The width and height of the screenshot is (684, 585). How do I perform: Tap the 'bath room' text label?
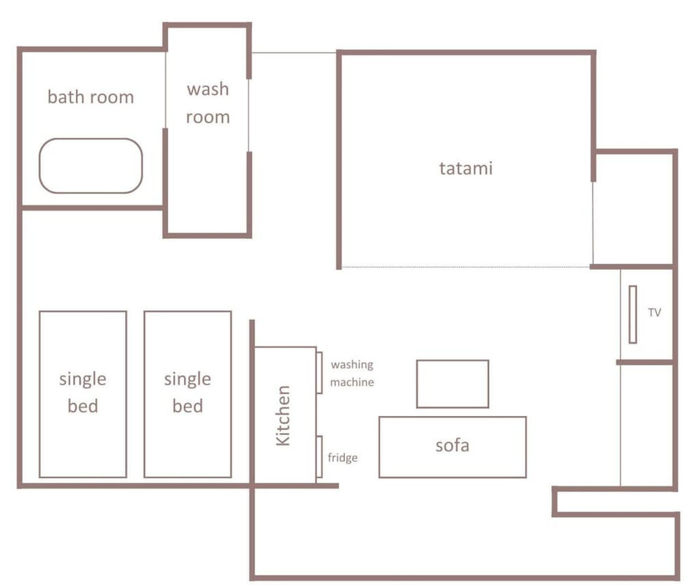click(x=91, y=97)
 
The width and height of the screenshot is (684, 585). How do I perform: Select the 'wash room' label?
click(x=208, y=103)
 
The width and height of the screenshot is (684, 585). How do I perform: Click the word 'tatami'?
click(x=466, y=168)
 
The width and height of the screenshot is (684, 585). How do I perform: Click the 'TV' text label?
click(x=654, y=312)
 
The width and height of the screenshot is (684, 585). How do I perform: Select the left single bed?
click(x=83, y=312)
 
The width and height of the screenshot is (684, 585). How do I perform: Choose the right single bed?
click(x=188, y=312)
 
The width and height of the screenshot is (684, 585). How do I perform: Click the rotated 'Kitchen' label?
click(x=283, y=415)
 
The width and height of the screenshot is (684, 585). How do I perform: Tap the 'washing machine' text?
click(x=352, y=373)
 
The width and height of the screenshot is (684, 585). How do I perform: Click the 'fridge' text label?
click(x=343, y=458)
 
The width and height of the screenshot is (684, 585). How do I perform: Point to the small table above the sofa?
click(x=452, y=361)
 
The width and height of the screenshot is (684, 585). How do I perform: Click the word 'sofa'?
click(x=452, y=445)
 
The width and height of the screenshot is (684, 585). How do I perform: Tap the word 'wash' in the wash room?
click(x=208, y=89)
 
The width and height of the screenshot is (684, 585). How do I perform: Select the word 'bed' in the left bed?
click(x=83, y=406)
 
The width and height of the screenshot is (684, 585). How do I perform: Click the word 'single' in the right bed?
click(x=188, y=380)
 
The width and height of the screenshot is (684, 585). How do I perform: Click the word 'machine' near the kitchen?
click(x=352, y=382)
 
